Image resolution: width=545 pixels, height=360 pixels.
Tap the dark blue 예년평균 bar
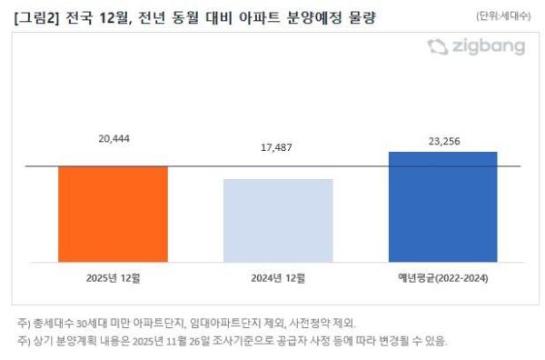442,206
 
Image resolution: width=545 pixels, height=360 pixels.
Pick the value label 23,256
442,140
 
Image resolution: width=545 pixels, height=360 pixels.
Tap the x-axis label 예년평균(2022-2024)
442,276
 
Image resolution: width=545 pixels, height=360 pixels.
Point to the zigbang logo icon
438,46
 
